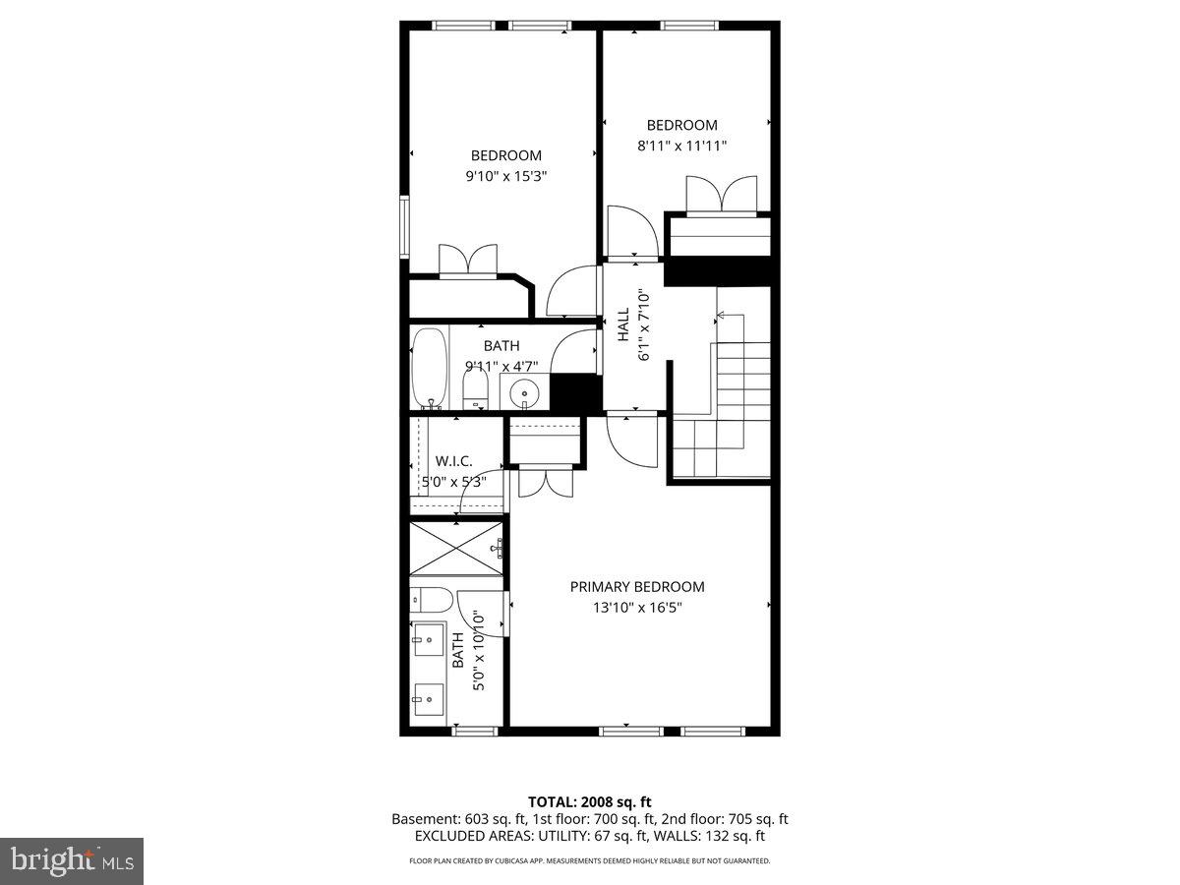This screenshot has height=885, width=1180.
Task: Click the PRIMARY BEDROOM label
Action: click(637, 587)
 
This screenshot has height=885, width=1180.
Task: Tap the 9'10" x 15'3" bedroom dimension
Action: click(505, 176)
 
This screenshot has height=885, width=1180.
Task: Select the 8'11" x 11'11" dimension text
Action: click(681, 146)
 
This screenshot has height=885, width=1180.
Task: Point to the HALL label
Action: click(623, 324)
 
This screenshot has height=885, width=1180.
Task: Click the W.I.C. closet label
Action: click(453, 460)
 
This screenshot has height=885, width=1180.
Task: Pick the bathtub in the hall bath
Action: click(429, 369)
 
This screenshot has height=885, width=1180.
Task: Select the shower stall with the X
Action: click(456, 549)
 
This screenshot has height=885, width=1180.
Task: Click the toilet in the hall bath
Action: click(475, 388)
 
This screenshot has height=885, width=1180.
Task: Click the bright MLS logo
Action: click(72, 861)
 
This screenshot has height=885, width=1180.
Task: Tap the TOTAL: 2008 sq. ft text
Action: click(590, 802)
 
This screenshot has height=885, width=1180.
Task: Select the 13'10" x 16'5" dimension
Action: click(637, 608)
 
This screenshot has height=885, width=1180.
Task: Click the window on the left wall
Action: click(404, 227)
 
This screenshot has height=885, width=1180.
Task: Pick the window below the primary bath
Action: click(475, 731)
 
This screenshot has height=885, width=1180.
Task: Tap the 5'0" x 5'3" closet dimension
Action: click(453, 482)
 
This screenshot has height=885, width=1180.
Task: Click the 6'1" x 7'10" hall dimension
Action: click(644, 325)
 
